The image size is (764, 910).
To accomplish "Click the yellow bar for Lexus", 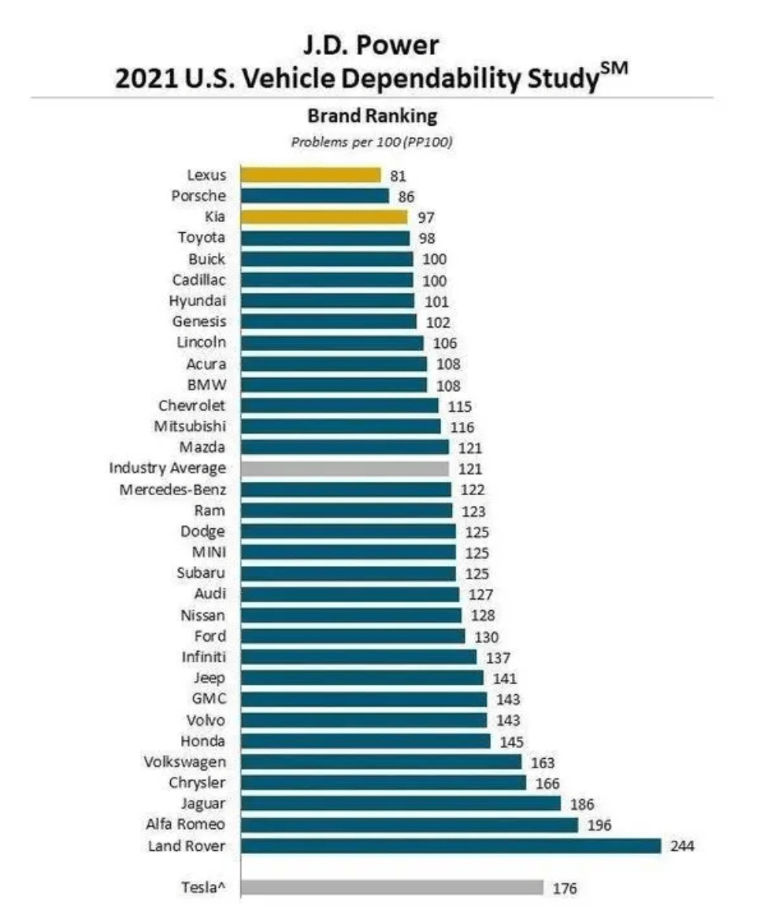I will click(x=310, y=175).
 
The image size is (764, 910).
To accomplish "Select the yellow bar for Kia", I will click(x=324, y=216).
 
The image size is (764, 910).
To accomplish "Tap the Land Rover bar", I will click(x=451, y=845).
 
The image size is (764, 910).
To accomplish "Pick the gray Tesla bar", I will click(x=391, y=887).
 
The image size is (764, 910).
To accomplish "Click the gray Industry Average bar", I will click(x=344, y=468).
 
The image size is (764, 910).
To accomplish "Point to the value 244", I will click(x=683, y=846).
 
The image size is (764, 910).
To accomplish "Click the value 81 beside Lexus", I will click(x=399, y=176).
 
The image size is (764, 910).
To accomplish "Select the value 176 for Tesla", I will click(x=565, y=889).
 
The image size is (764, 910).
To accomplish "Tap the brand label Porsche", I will click(x=198, y=196).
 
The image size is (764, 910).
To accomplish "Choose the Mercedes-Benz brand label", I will click(x=172, y=489).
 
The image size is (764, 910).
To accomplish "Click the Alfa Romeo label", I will click(x=186, y=824).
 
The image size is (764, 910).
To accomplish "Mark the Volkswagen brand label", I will click(x=185, y=762).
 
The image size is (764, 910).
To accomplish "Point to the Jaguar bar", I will click(x=400, y=803).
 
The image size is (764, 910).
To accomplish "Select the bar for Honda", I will click(x=365, y=741).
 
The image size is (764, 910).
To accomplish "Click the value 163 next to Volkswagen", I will click(x=543, y=763).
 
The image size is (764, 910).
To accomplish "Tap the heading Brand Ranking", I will click(x=372, y=117).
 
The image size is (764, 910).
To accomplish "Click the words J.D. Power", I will click(x=372, y=46).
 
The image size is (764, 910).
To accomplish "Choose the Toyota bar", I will click(x=325, y=238).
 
